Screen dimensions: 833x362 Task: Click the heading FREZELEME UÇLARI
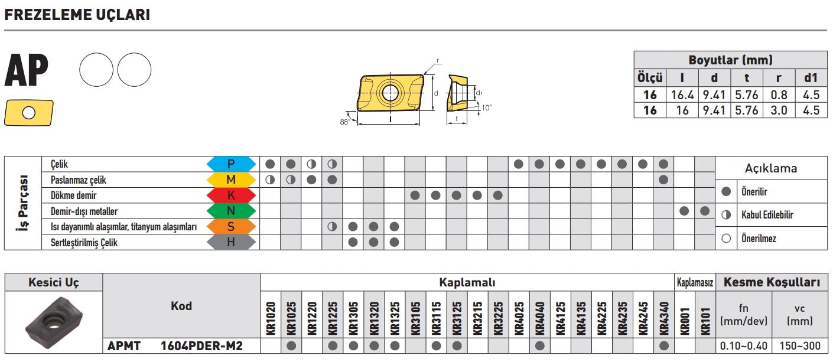click(x=77, y=15)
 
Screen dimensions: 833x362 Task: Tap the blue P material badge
click(x=231, y=164)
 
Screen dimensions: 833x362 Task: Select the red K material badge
click(x=231, y=195)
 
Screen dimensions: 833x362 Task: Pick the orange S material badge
click(x=231, y=226)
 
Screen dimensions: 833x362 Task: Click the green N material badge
click(x=231, y=211)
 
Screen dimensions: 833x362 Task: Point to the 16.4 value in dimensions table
click(x=682, y=94)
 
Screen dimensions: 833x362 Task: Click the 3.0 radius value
click(x=779, y=110)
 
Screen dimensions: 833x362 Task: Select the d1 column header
click(x=811, y=78)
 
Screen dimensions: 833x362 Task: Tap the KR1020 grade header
click(x=271, y=318)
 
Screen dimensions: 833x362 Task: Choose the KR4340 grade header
click(x=663, y=318)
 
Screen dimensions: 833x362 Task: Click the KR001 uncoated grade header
click(x=684, y=321)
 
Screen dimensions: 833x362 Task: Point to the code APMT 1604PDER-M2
click(x=175, y=346)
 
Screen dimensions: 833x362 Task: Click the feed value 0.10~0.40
click(x=743, y=346)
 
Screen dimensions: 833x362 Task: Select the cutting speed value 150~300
click(x=800, y=346)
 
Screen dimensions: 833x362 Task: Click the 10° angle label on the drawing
click(x=486, y=108)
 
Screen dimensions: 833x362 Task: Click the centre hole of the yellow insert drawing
click(x=390, y=93)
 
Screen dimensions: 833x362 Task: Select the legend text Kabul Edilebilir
click(x=767, y=215)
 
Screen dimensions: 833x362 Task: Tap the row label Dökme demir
click(x=74, y=195)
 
